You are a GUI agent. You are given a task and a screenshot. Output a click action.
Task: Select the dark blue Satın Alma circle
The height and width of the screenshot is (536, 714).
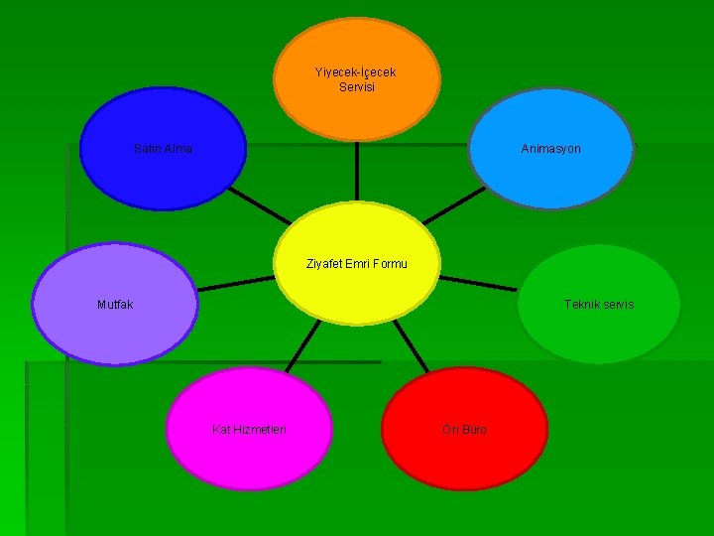163,174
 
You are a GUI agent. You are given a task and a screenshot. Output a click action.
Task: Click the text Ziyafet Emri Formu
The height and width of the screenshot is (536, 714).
357,264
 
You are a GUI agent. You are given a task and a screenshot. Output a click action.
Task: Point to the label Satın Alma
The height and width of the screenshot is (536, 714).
163,149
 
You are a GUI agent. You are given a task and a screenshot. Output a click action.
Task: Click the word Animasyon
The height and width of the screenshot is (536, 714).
551,149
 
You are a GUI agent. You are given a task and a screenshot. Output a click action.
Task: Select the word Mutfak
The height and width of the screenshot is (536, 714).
115,305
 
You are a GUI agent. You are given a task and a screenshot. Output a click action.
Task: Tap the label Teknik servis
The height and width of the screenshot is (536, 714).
599,304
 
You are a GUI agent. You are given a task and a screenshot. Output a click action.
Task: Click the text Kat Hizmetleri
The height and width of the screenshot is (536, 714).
249,430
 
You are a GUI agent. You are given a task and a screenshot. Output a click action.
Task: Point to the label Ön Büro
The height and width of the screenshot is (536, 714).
464,430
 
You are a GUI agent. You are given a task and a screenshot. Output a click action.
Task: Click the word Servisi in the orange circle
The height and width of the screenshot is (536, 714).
356,87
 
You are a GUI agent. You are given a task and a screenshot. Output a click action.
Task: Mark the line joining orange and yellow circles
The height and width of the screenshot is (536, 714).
356,171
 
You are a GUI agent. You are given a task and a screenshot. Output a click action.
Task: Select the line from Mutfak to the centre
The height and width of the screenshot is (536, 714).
236,285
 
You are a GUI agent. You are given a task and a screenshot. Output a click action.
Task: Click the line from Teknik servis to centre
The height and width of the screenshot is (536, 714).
478,284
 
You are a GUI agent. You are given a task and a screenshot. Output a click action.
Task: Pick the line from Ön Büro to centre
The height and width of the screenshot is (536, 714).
416,346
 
